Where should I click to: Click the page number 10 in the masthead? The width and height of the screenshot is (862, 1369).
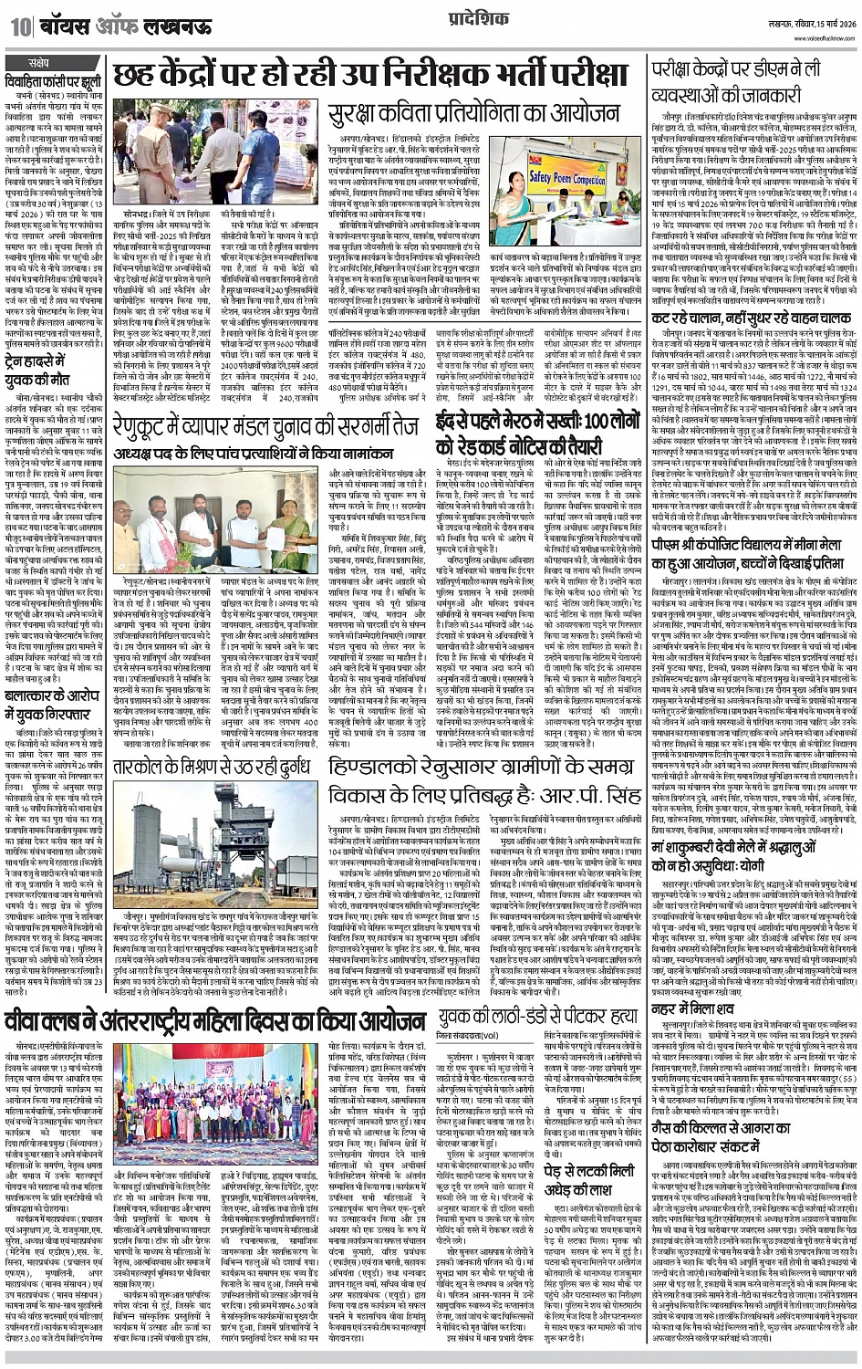pyautogui.click(x=19, y=24)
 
